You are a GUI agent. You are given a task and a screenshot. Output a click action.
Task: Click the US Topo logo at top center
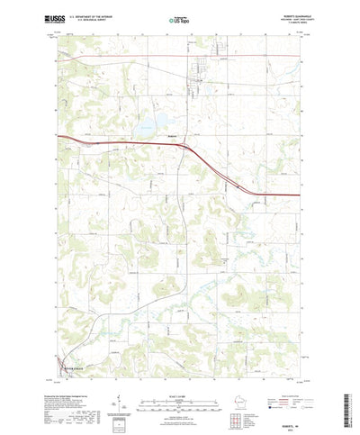click(x=180, y=18)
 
